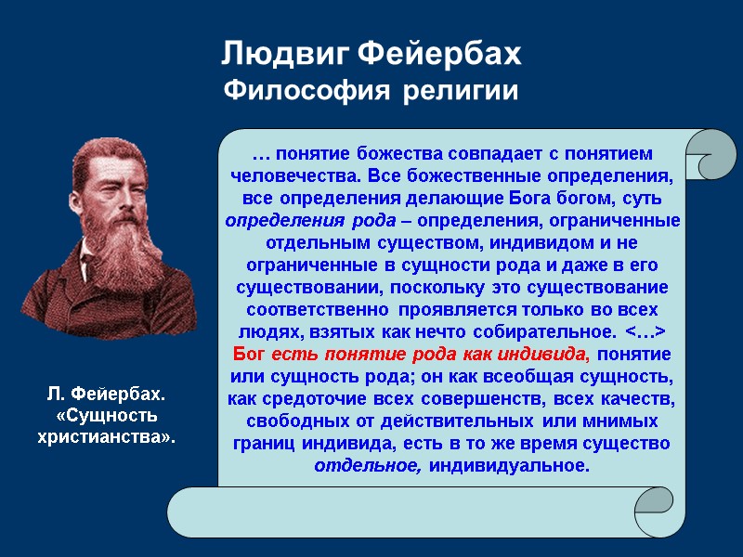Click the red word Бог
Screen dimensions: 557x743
coord(248,355)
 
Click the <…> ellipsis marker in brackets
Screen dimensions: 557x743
coord(645,332)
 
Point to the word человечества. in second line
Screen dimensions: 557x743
coord(293,175)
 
